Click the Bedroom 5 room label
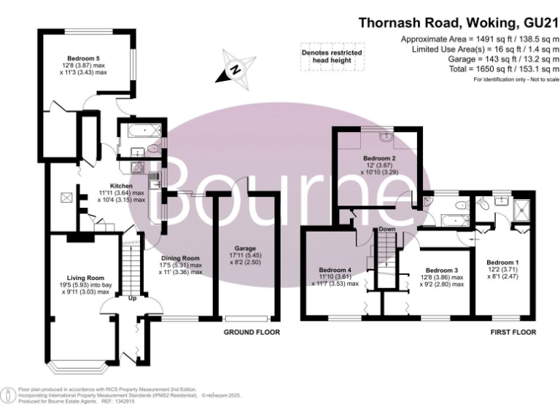(x=84, y=58)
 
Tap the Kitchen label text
(x=121, y=186)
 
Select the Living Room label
(x=86, y=278)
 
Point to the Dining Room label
(x=180, y=258)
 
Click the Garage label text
(x=245, y=248)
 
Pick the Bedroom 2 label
(x=379, y=158)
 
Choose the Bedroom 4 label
(x=335, y=270)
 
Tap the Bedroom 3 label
(x=442, y=271)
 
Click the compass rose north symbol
(x=236, y=69)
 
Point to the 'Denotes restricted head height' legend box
(x=332, y=56)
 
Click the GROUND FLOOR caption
(x=252, y=332)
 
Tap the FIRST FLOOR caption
(x=513, y=332)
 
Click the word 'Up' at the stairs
(x=132, y=297)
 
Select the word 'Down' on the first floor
(x=387, y=228)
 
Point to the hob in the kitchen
(x=137, y=167)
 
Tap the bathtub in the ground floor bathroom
(x=141, y=130)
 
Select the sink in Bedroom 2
(x=386, y=136)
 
